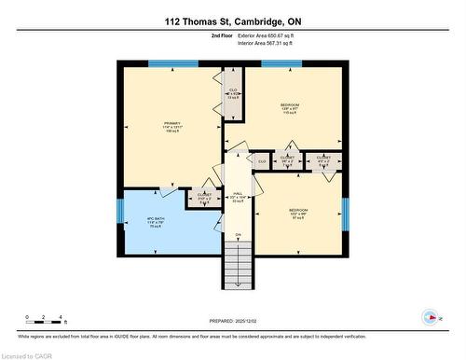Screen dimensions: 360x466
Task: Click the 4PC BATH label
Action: (x=154, y=222)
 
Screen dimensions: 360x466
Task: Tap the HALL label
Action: (x=236, y=196)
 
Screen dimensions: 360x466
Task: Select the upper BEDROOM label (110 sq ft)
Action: (x=290, y=108)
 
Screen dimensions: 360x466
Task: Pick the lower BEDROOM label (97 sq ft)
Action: (x=299, y=215)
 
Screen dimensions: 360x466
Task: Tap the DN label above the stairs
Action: (x=238, y=235)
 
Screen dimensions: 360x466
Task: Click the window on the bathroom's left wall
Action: (x=119, y=213)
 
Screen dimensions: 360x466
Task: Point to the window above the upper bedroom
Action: (x=281, y=63)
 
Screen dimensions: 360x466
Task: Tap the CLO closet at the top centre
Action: (x=233, y=95)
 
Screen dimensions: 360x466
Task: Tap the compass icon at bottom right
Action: (x=430, y=316)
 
